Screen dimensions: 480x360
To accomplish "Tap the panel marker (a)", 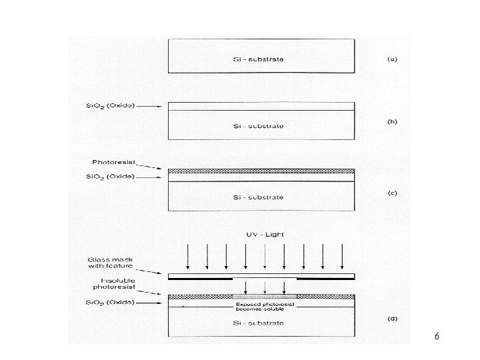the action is (x=393, y=59).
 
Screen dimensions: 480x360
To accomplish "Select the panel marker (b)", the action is (x=393, y=121).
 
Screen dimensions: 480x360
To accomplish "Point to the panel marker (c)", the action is (x=393, y=193).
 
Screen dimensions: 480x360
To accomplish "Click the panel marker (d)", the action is (x=393, y=319).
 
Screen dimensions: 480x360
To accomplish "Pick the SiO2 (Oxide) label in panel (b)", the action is (x=111, y=105).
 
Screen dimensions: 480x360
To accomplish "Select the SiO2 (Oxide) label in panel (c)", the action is (x=111, y=177).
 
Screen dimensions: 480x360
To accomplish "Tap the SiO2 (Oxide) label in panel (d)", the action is (x=111, y=302).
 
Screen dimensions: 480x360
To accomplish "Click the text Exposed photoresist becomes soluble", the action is (x=265, y=307).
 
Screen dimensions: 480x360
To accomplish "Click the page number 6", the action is (x=436, y=337).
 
